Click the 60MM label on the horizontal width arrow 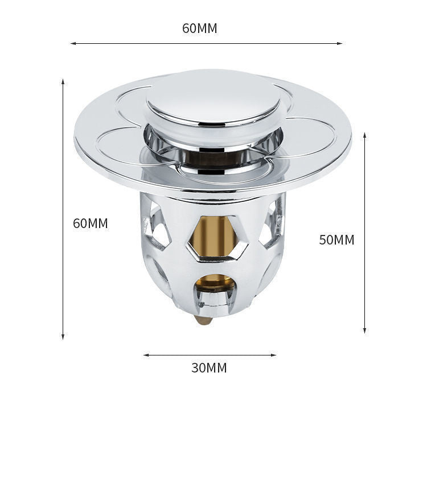click(199, 28)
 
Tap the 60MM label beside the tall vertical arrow click(90, 224)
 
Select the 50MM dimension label click(336, 240)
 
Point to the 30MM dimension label click(209, 368)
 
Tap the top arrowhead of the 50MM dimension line click(364, 136)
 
